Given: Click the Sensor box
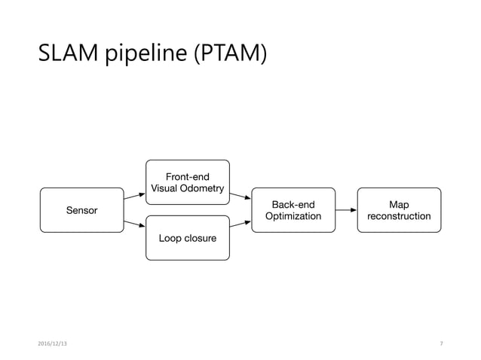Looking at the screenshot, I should point(81,210).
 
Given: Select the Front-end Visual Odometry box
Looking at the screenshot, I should point(187,182).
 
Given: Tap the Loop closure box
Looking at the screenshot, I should point(187,238).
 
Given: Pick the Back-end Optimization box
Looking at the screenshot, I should point(293,210).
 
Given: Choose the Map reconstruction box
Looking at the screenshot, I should point(399,210).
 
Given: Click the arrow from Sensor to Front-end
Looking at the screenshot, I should point(134,197).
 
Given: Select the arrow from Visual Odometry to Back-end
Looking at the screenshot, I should point(240,197).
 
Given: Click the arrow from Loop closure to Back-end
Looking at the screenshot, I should point(240,223).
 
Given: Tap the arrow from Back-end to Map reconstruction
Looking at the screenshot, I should point(346,210).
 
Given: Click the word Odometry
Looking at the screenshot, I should point(201,188).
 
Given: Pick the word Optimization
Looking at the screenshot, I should point(293,217).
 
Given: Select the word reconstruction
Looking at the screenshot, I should point(399,217).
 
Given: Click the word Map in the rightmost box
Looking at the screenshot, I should point(399,204).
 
